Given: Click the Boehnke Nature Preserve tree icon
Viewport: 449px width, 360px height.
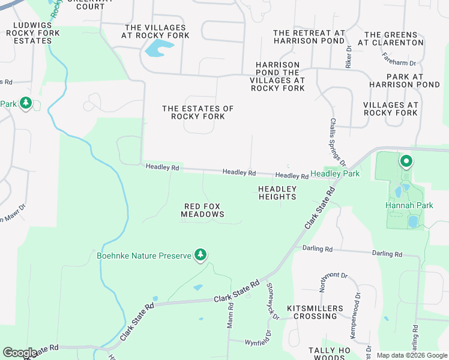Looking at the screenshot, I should click(x=200, y=256).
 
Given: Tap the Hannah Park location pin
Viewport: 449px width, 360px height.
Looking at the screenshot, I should click(x=406, y=161).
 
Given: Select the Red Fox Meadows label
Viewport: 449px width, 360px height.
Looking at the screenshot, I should click(x=203, y=210).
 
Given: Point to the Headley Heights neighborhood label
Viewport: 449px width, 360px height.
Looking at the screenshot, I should click(x=277, y=193).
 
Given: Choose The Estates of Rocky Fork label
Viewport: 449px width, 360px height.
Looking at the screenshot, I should click(x=198, y=112).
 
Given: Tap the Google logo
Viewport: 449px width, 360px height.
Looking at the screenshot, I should click(x=20, y=353).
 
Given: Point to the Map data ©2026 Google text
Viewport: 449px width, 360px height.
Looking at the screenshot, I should click(x=411, y=355).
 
